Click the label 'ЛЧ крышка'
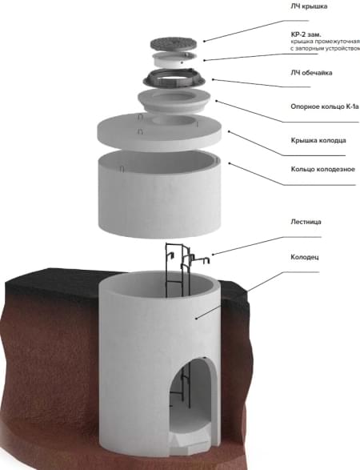coord(309,6)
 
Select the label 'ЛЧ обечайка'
coord(311,73)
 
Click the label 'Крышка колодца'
coord(318,140)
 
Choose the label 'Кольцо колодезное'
coord(323,170)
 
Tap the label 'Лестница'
coord(306,222)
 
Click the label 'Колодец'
coord(305,257)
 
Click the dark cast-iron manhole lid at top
coord(174,44)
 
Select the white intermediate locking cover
coord(174,59)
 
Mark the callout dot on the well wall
coord(197,319)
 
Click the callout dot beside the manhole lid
coord(204,41)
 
